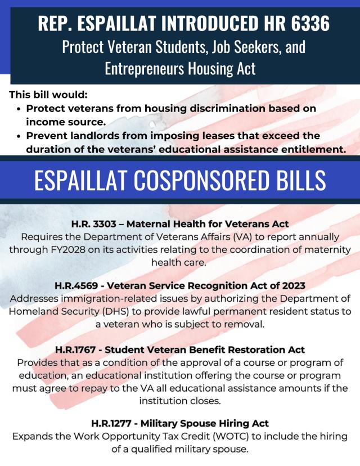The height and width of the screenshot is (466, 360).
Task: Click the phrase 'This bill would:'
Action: (48, 95)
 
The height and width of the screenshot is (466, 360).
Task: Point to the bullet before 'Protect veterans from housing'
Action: (20, 109)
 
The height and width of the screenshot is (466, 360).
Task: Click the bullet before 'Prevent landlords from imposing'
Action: (20, 136)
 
